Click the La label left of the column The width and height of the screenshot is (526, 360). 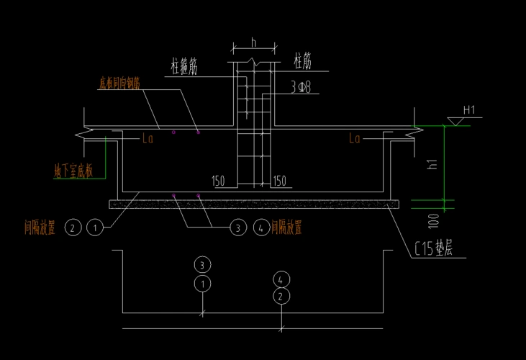tap(148, 138)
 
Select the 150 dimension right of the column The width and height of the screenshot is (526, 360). tap(280, 179)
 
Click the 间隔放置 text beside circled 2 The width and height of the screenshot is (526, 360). tap(40, 229)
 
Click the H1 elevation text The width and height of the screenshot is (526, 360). tap(471, 110)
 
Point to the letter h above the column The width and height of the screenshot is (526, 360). tap(254, 42)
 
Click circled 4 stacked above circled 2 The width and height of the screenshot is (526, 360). tap(282, 278)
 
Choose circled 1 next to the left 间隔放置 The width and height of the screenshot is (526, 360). tap(94, 229)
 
